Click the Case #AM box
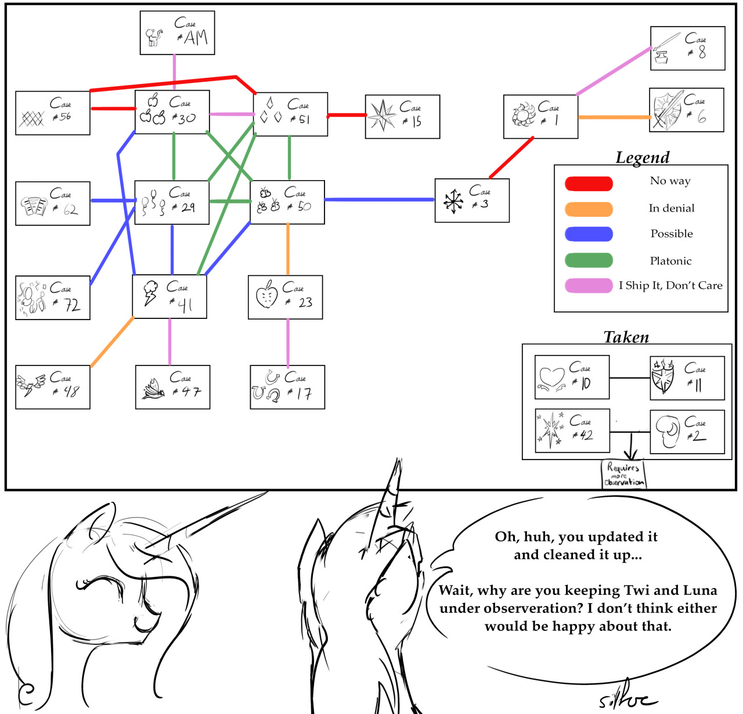(x=177, y=33)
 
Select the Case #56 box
(x=53, y=113)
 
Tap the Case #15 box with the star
(x=402, y=116)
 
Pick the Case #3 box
(x=472, y=200)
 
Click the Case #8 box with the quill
(x=687, y=48)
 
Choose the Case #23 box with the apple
(x=285, y=297)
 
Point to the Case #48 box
(x=53, y=387)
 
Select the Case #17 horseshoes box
(x=287, y=387)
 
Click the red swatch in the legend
(x=589, y=184)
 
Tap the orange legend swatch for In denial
(x=589, y=209)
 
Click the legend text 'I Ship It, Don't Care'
(x=670, y=285)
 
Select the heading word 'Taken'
(x=626, y=337)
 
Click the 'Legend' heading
(x=642, y=157)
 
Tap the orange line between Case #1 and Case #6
(x=614, y=117)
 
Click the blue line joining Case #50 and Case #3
(x=380, y=200)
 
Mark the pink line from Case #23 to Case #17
(x=288, y=342)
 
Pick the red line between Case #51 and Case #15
(x=347, y=115)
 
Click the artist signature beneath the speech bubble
(x=627, y=700)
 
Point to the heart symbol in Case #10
(x=551, y=376)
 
